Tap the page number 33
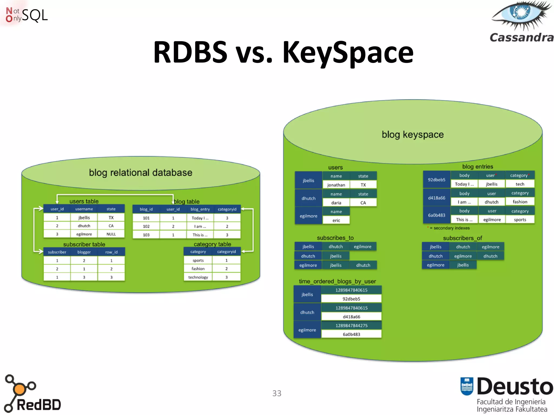277,393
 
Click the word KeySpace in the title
348,52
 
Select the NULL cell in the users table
111,234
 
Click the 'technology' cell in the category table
198,277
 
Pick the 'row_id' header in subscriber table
111,252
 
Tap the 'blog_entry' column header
200,209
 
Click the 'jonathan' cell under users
336,185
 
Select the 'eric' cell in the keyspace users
336,220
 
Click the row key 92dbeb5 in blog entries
436,180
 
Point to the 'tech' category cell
520,184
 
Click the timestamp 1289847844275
351,326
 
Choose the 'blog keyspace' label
413,135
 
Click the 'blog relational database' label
140,173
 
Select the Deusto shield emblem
467,386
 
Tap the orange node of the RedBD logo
19,389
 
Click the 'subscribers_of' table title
462,238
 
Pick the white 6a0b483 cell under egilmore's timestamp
351,334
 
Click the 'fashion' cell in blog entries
520,202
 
